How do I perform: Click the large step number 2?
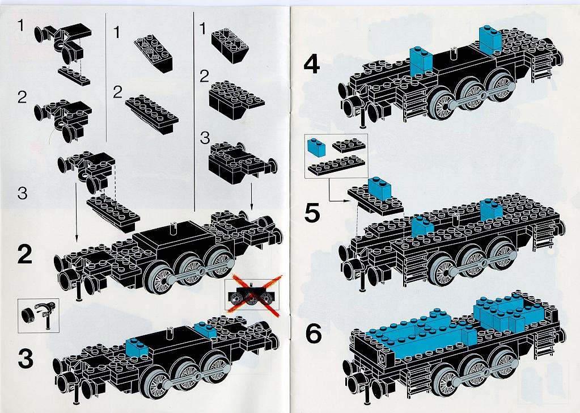click(24, 255)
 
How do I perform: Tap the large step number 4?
click(311, 65)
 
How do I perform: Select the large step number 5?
click(312, 214)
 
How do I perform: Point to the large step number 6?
click(314, 335)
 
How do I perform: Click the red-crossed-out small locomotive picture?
click(252, 296)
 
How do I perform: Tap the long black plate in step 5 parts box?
click(336, 165)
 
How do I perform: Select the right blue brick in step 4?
click(490, 39)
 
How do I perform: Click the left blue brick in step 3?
click(137, 348)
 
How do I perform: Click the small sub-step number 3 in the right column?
click(204, 138)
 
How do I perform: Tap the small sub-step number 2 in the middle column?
click(117, 92)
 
